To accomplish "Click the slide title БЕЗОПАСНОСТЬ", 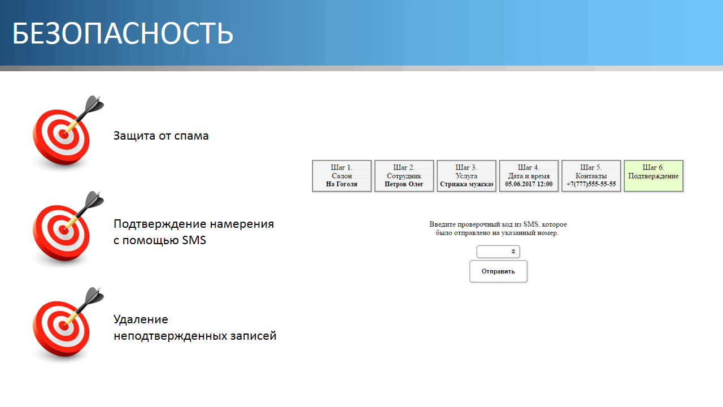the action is point(123,33).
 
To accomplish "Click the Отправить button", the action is point(498,271).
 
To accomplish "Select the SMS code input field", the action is point(498,252).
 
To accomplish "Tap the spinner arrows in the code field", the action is point(513,252).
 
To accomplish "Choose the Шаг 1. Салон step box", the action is point(342,176).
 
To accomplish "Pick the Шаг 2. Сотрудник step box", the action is point(404,176).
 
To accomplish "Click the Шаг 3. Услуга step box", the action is point(467,176).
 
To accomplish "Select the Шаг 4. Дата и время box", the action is point(529,176).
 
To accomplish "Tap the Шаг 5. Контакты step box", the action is point(591,176).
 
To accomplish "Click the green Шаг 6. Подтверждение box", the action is point(654,176).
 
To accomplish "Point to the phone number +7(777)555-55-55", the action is point(591,184).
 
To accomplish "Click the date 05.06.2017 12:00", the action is point(529,184).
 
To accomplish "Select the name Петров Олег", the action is point(404,184).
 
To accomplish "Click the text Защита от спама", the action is point(161,136).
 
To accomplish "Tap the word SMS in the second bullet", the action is point(194,240).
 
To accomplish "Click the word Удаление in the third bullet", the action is point(141,320).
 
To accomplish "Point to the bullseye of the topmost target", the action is point(64,135).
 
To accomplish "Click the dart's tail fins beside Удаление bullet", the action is point(94,295).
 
